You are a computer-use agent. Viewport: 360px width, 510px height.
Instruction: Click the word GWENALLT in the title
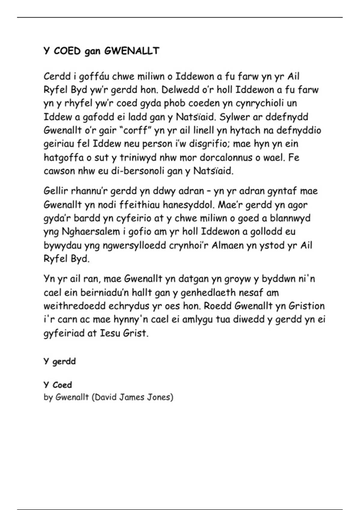pyautogui.click(x=132, y=51)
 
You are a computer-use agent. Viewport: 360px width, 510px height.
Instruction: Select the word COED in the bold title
pyautogui.click(x=67, y=51)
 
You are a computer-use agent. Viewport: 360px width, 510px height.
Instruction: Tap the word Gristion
pyautogui.click(x=307, y=306)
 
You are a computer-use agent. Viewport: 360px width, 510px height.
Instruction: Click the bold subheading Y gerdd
pyautogui.click(x=60, y=361)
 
